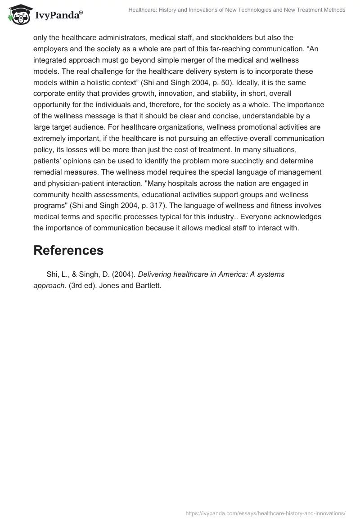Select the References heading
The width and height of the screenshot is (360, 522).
tap(68, 250)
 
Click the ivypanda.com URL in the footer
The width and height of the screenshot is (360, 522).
tap(265, 513)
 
